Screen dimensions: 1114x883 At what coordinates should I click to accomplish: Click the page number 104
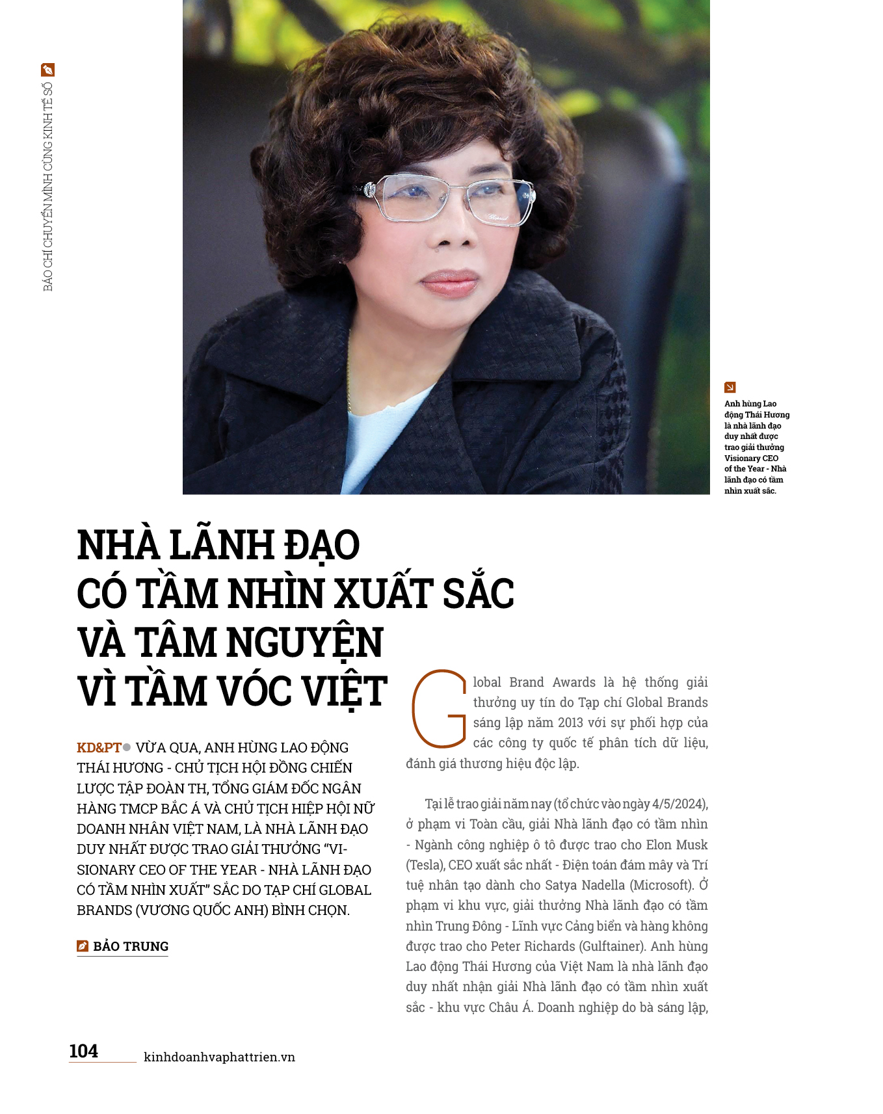84,1051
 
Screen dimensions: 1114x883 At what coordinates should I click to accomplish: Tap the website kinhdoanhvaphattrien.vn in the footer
219,1057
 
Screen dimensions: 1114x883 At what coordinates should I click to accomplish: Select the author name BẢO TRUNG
131,946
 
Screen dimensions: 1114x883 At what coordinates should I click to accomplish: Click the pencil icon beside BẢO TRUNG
83,946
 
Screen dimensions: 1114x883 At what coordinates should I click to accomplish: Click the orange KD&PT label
99,747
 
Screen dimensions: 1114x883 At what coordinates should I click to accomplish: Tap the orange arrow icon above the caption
730,387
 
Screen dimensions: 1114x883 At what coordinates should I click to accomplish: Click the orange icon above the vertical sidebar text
47,70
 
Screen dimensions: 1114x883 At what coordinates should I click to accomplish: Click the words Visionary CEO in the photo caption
751,458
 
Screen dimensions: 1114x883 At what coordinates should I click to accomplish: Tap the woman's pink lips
449,283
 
